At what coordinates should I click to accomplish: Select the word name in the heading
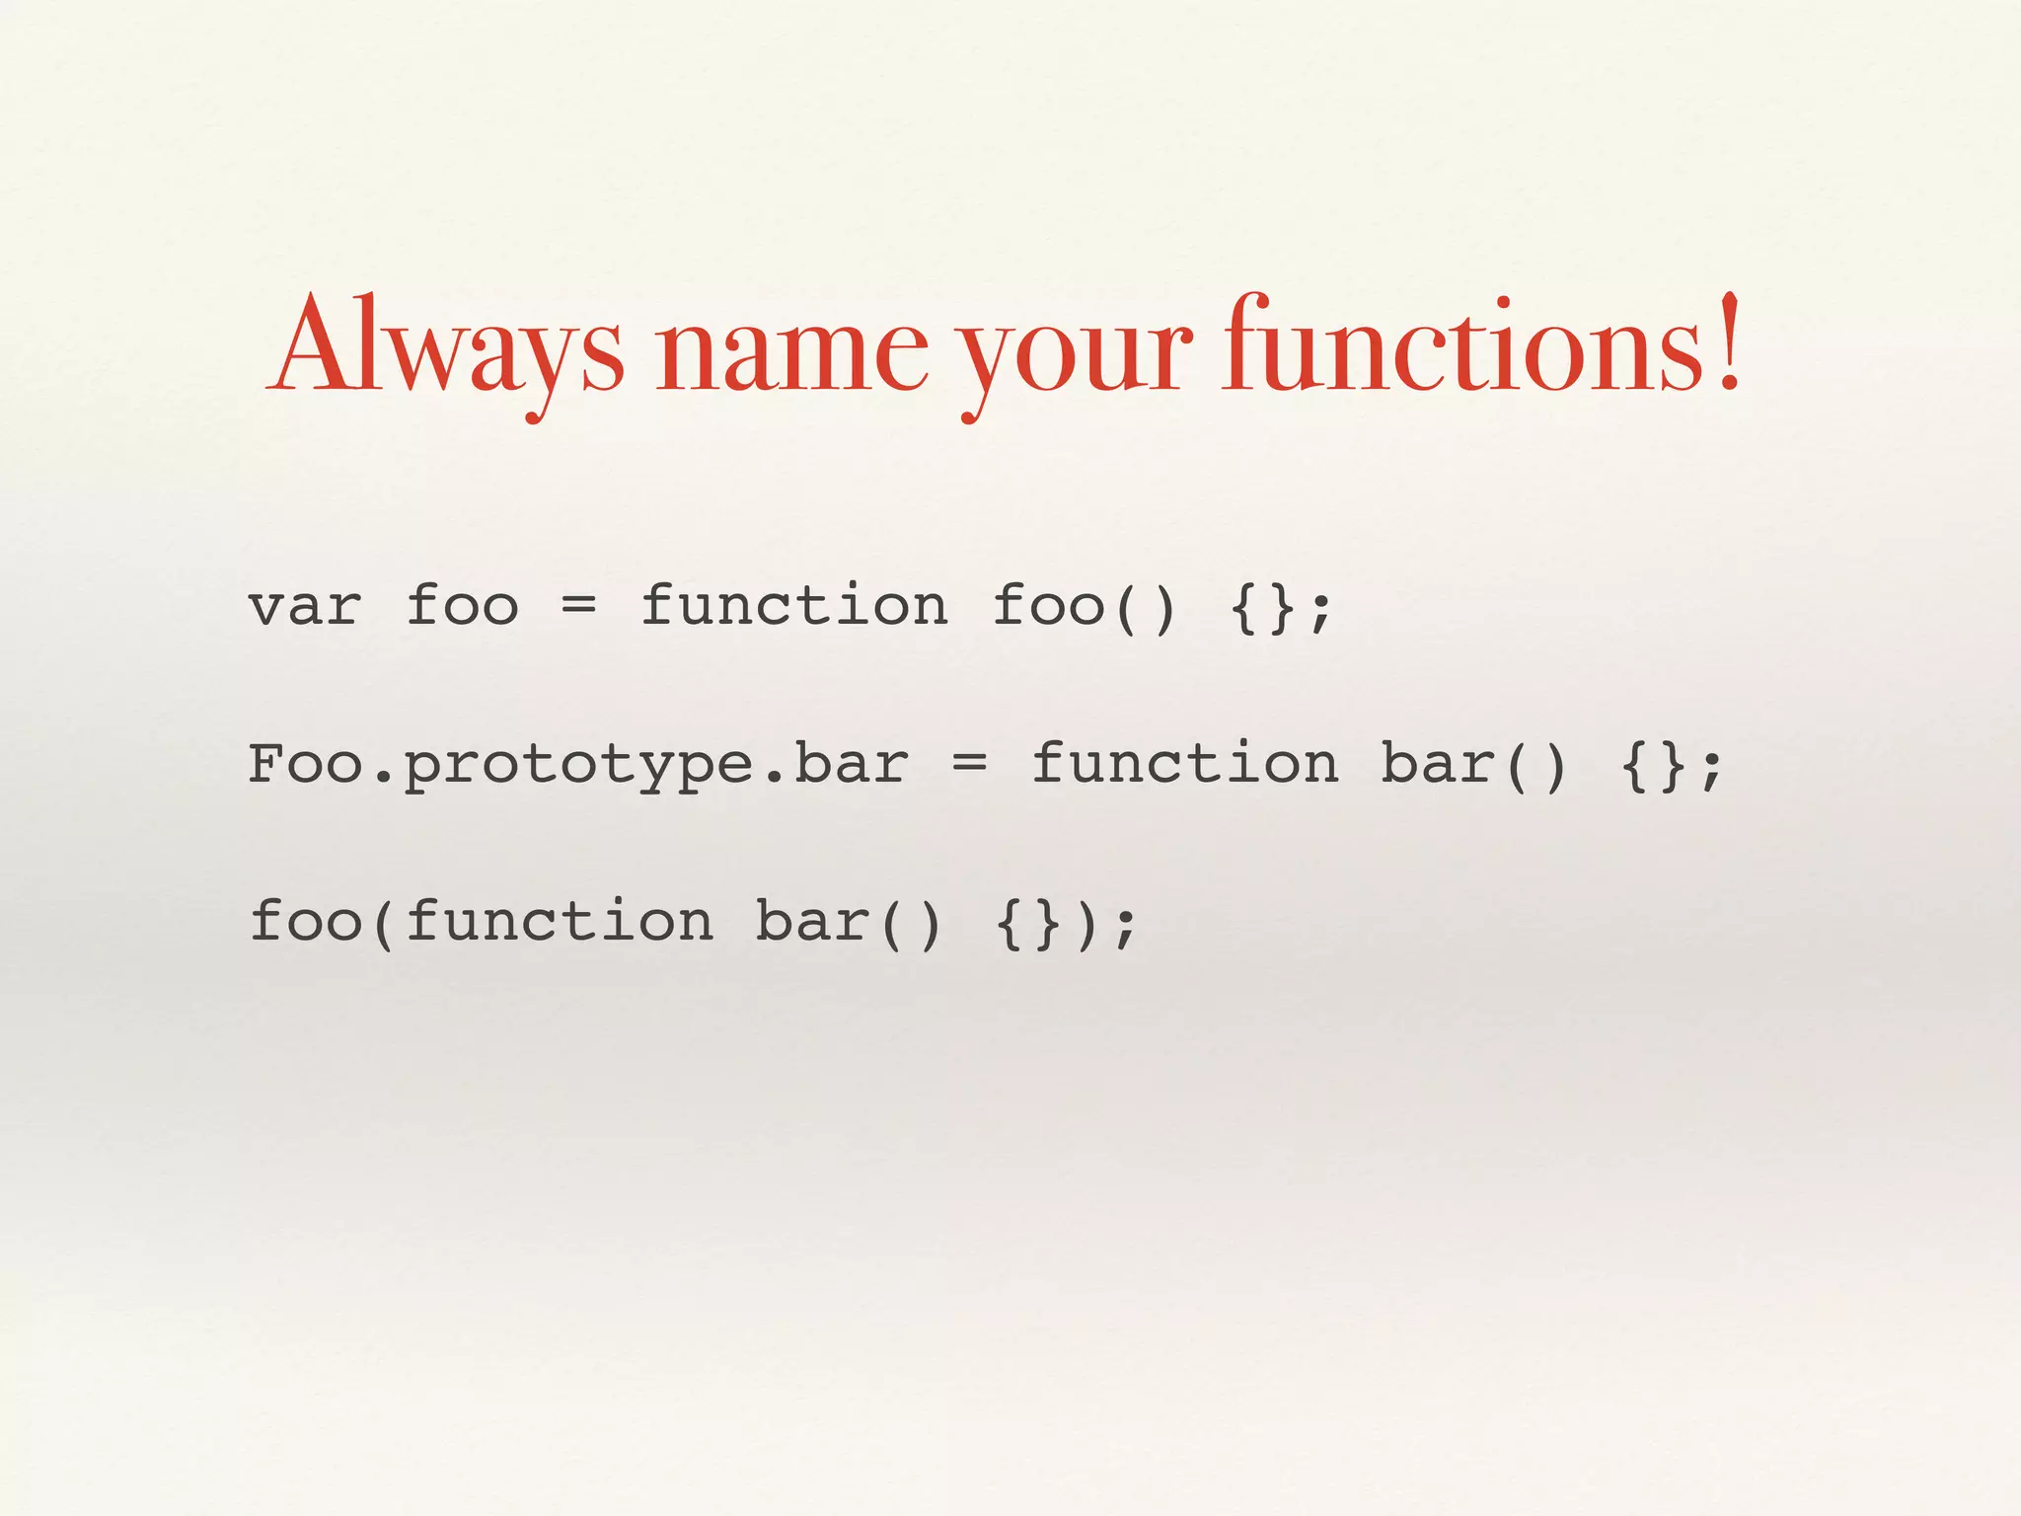[x=792, y=351]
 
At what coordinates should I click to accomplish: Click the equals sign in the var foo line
[x=578, y=604]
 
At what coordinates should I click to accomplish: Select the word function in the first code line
[x=794, y=604]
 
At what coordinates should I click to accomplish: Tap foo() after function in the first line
[x=1085, y=605]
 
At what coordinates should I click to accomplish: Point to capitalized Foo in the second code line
[x=306, y=763]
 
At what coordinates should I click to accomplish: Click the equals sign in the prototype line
[x=969, y=762]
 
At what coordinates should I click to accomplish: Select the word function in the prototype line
[x=1184, y=763]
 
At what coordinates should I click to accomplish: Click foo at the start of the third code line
[x=306, y=920]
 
